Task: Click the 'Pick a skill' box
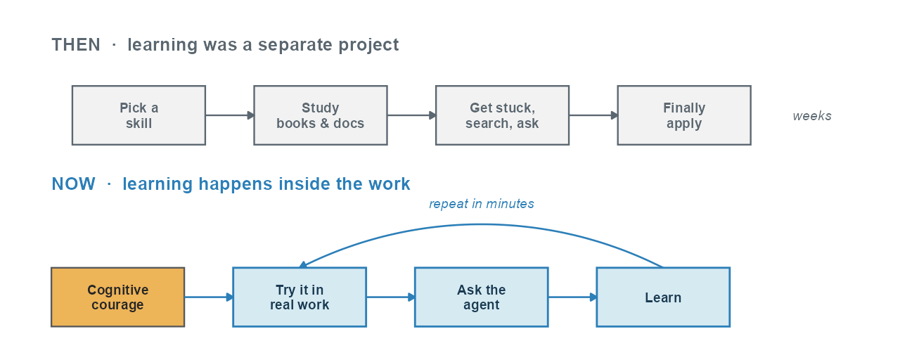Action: click(139, 115)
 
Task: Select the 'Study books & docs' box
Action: click(321, 115)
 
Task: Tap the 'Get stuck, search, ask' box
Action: click(502, 115)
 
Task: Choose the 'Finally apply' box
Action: click(684, 115)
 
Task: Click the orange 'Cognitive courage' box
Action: click(117, 297)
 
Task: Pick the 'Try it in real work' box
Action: click(300, 297)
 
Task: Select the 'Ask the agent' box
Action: click(482, 297)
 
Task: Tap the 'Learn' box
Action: click(663, 297)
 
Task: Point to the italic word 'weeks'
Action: click(812, 116)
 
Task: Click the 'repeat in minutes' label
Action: click(482, 204)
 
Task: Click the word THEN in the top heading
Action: click(76, 44)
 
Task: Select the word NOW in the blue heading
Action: click(74, 184)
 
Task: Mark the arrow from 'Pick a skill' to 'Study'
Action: click(230, 115)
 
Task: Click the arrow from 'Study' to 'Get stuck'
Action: click(412, 115)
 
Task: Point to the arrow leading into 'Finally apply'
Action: click(593, 115)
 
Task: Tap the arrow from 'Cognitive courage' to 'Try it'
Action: click(209, 297)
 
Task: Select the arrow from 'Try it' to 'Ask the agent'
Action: click(390, 297)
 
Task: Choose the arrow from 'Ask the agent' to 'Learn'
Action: click(572, 297)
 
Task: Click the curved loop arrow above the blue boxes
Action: click(482, 225)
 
